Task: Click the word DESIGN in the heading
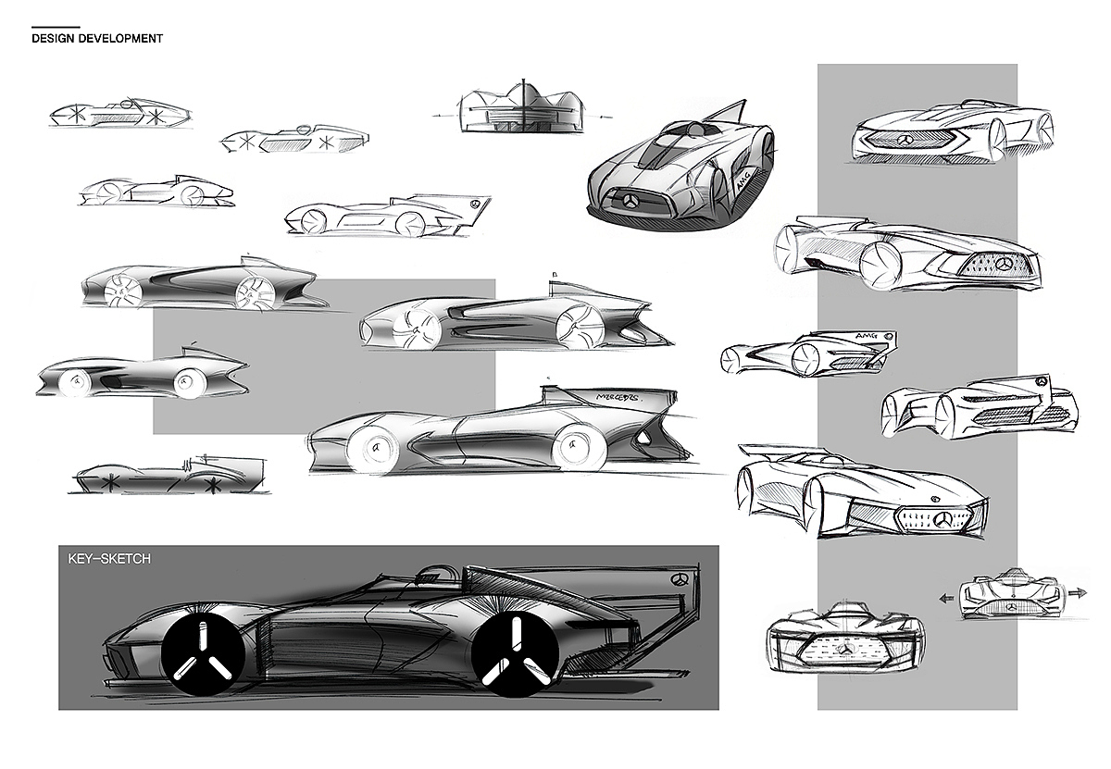point(52,39)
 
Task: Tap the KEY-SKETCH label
point(109,559)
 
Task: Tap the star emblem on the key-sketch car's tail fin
point(679,579)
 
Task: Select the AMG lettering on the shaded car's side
point(744,182)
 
